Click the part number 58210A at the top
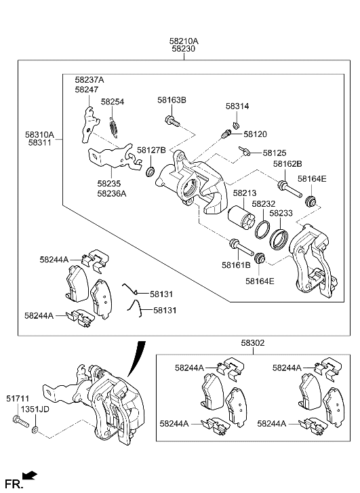pyautogui.click(x=184, y=41)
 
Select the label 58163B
pyautogui.click(x=172, y=100)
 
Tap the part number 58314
pyautogui.click(x=237, y=106)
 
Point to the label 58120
pyautogui.click(x=256, y=134)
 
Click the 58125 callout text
pyautogui.click(x=275, y=153)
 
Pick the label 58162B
pyautogui.click(x=287, y=163)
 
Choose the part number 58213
pyautogui.click(x=244, y=193)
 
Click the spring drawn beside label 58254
pyautogui.click(x=115, y=125)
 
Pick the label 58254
pyautogui.click(x=113, y=102)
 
